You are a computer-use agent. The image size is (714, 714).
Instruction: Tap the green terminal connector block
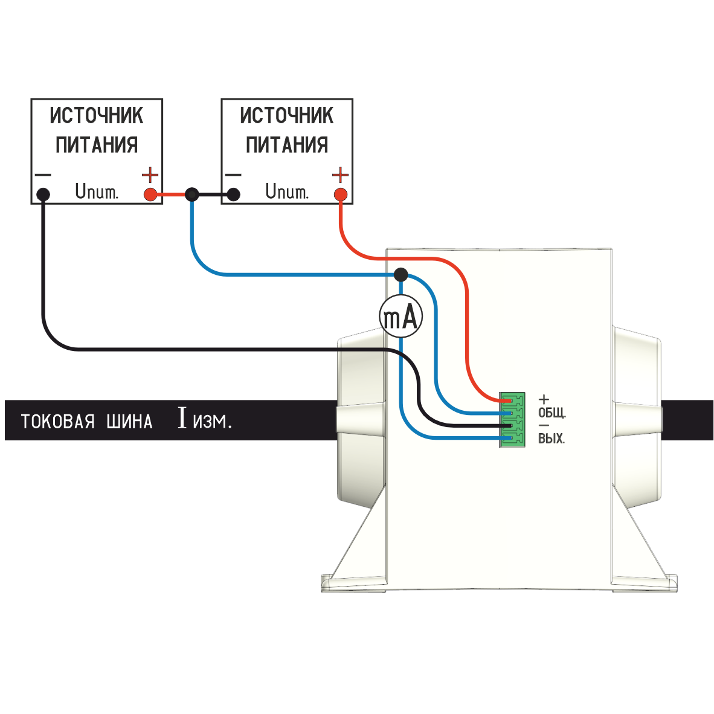point(512,420)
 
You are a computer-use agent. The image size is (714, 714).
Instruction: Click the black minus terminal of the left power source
point(43,195)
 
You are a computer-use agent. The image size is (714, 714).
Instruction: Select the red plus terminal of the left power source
point(150,195)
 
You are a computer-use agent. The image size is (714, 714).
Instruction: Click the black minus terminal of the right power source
point(234,195)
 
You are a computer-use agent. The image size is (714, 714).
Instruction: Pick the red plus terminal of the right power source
point(341,195)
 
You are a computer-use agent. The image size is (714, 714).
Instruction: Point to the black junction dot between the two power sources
point(191,195)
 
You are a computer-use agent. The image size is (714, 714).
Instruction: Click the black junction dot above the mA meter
point(400,275)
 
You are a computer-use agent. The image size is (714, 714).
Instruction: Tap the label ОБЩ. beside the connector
point(552,414)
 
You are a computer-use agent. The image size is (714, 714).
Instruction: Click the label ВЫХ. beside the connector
point(552,439)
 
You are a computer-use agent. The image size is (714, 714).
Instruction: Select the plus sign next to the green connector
point(544,399)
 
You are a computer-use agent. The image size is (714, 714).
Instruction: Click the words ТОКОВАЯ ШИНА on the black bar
point(86,421)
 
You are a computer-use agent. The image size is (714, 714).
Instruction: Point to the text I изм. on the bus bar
point(205,419)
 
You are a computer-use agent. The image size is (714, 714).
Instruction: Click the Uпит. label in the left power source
point(97,192)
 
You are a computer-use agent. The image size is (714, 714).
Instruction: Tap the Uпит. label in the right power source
point(287,192)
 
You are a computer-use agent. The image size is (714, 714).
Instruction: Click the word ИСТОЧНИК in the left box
point(97,115)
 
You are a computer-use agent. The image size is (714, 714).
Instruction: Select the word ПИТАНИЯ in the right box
point(287,145)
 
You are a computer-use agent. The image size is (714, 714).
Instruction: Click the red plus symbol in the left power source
point(150,176)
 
